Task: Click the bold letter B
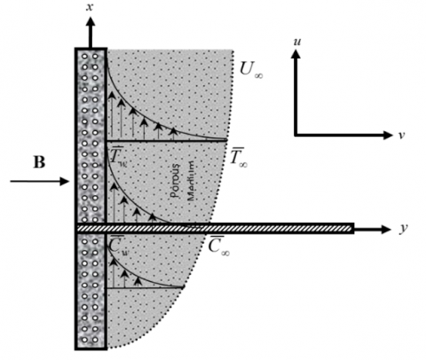click(40, 162)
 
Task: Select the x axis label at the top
click(90, 7)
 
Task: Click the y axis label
click(403, 229)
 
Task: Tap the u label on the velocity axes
click(297, 42)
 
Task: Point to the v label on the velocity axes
click(401, 135)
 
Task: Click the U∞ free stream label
click(251, 70)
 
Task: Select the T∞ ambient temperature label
click(239, 157)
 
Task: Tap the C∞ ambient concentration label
click(219, 246)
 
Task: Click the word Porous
click(175, 180)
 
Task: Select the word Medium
click(192, 181)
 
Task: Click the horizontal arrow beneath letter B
click(39, 181)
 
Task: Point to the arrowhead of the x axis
click(91, 21)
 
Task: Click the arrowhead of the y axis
click(385, 229)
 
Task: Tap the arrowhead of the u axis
click(296, 53)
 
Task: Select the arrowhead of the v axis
click(387, 135)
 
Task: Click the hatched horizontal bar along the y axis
click(215, 229)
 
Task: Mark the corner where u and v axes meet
click(296, 135)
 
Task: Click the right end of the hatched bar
click(353, 229)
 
